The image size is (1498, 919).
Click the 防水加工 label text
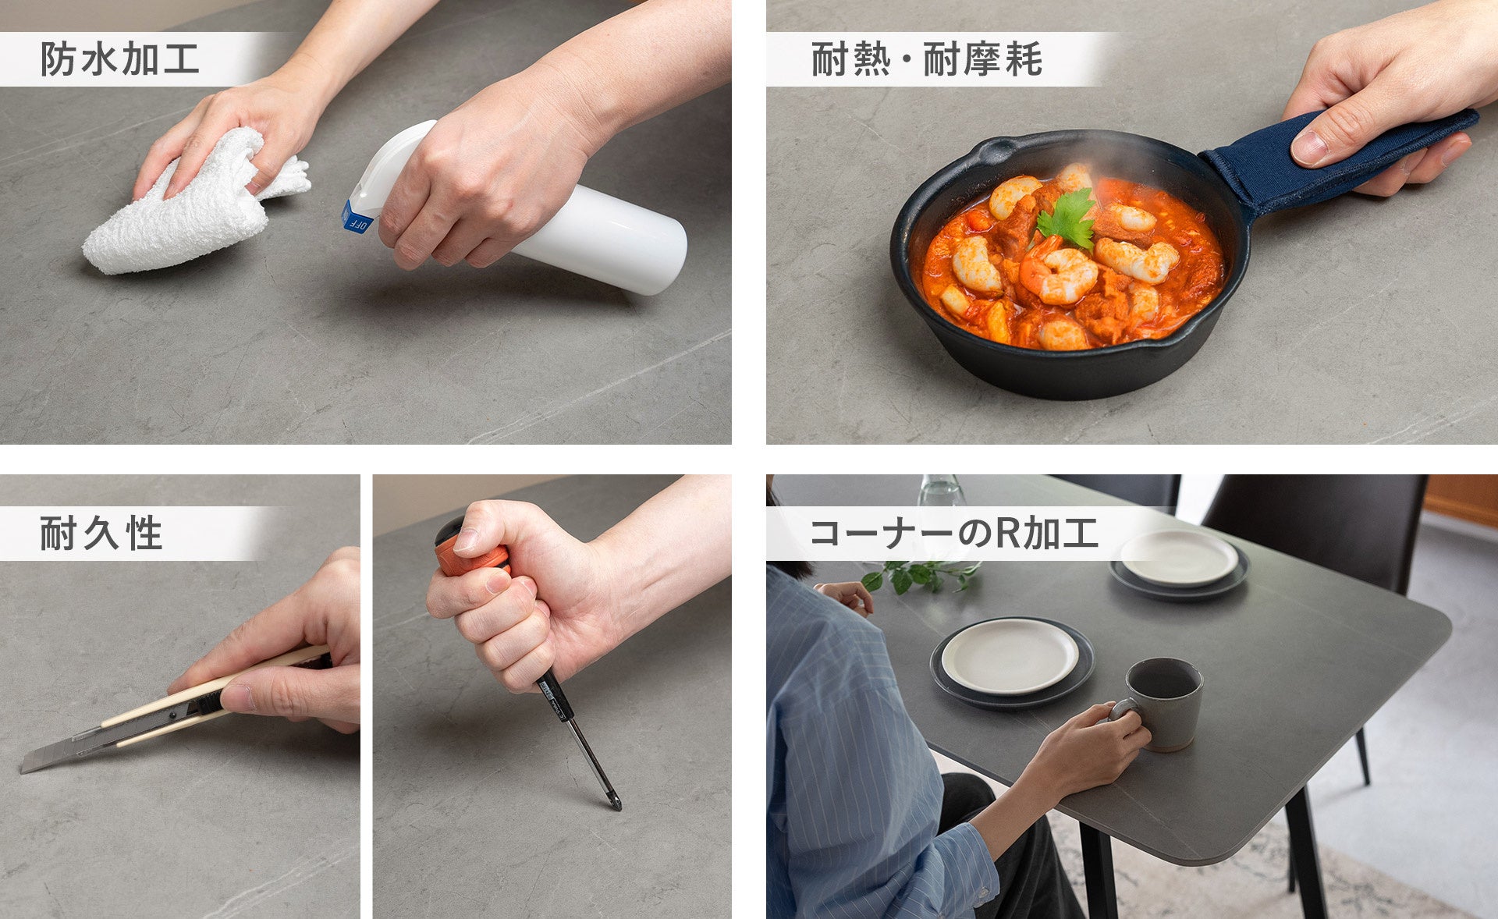(x=119, y=59)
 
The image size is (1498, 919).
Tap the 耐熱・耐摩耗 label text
(x=926, y=59)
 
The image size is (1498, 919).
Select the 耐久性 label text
(x=101, y=534)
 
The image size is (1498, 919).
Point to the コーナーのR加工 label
(x=953, y=534)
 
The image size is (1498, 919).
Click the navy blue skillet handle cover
(x=1326, y=160)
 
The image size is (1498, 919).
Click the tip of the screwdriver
(x=618, y=807)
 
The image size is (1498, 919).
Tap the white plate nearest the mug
(x=1010, y=655)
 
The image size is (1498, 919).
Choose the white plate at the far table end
(x=1179, y=558)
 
